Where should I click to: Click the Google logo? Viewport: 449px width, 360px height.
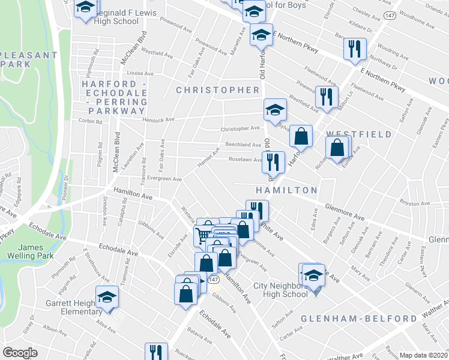click(20, 352)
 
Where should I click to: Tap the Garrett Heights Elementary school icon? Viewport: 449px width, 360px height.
click(108, 298)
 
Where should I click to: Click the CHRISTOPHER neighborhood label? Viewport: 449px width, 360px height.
click(217, 90)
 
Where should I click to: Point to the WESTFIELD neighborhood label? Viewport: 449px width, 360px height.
click(359, 134)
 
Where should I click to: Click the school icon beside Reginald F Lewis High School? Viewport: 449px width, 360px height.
click(86, 8)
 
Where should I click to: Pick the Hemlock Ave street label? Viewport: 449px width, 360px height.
click(158, 119)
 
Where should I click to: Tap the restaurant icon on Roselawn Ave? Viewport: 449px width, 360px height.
click(273, 161)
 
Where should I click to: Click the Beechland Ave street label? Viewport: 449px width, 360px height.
click(243, 145)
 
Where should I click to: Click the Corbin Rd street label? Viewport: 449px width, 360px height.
click(90, 121)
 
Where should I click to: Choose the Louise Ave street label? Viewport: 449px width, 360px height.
click(140, 73)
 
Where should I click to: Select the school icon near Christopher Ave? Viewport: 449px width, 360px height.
click(275, 110)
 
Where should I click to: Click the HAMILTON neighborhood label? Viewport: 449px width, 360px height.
click(286, 190)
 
